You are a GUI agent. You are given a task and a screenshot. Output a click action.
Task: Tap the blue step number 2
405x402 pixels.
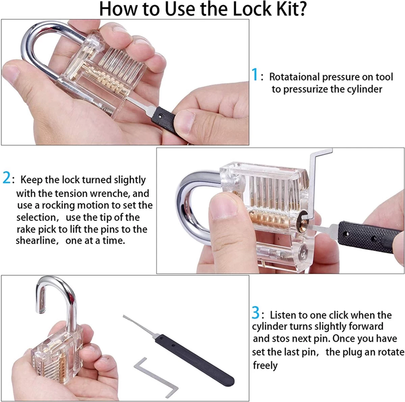click(6, 178)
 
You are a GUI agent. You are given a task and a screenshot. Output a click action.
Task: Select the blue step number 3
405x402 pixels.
click(256, 313)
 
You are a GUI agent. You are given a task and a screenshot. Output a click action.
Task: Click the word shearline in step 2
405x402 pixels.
click(36, 240)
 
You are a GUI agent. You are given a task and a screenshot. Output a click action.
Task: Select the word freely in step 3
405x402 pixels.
click(265, 366)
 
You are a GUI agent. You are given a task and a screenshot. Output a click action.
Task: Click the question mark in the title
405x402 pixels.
click(301, 9)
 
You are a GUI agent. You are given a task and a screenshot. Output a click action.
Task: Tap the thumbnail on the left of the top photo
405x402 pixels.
click(10, 73)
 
